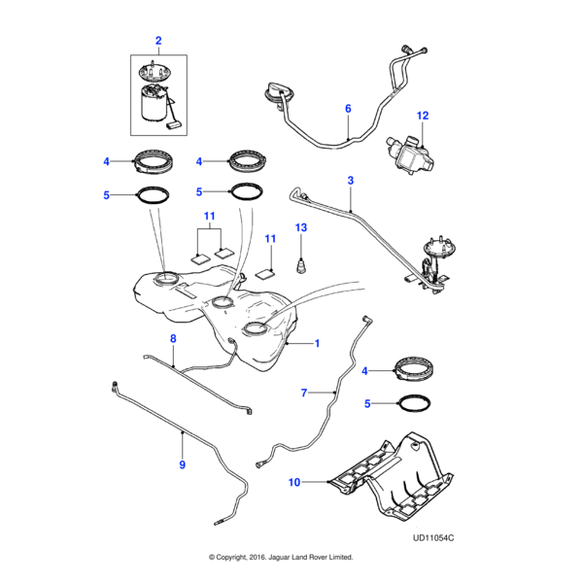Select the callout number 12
point(423,116)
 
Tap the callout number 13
point(301,227)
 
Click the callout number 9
point(181,465)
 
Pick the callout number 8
point(174,338)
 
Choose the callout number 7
point(304,393)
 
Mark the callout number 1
point(315,344)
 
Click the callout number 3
point(350,180)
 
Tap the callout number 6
point(348,110)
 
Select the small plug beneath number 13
point(301,264)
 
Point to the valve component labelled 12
point(409,152)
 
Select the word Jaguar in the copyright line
point(286,558)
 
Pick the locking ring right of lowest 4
point(412,369)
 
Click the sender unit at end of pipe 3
point(434,261)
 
